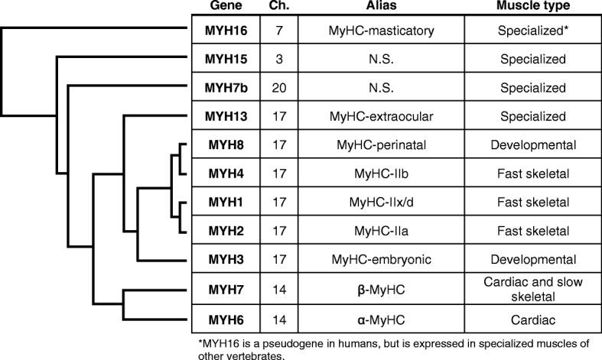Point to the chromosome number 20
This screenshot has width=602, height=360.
[277, 88]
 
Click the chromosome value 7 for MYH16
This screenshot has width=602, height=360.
[277, 30]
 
